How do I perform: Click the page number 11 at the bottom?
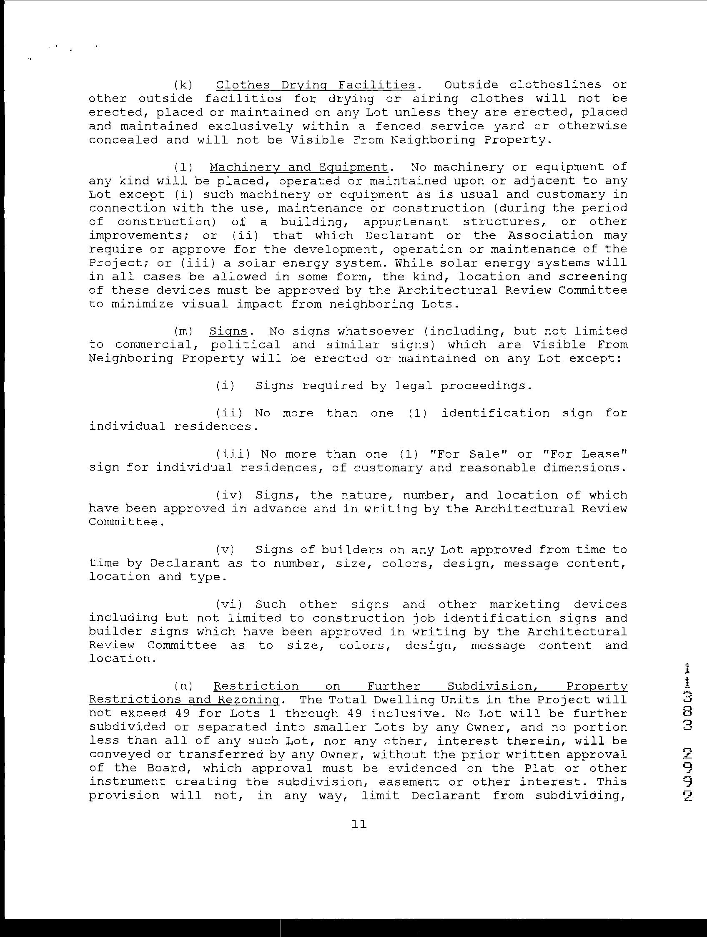(x=359, y=824)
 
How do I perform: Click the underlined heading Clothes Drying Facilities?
(x=316, y=85)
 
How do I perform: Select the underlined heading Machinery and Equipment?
(x=298, y=167)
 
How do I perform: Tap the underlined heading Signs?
(x=228, y=331)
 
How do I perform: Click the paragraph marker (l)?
(x=183, y=167)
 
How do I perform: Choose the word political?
(x=246, y=345)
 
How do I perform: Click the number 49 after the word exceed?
(x=183, y=713)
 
